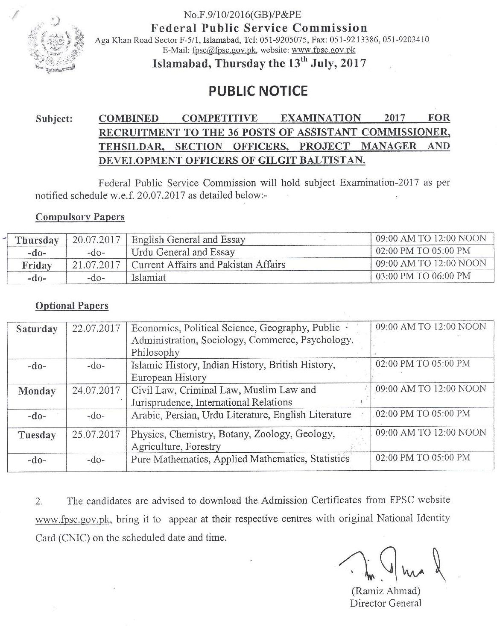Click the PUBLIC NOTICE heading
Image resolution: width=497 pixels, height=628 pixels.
click(258, 91)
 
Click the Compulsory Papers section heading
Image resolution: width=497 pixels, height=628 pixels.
click(80, 217)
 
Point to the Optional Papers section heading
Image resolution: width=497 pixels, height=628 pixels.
click(72, 306)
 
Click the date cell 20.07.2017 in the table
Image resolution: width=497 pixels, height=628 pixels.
click(96, 239)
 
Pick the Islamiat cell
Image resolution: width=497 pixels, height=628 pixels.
click(149, 277)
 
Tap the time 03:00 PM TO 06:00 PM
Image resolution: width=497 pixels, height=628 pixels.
click(422, 276)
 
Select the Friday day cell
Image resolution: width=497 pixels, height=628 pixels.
click(37, 265)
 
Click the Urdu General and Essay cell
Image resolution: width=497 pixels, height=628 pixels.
click(183, 252)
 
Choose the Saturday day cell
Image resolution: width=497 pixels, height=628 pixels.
click(37, 329)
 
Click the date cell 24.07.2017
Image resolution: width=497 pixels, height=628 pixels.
click(96, 390)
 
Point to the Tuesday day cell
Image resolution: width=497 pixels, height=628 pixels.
click(37, 435)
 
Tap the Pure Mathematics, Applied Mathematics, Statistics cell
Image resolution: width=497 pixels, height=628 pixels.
click(240, 459)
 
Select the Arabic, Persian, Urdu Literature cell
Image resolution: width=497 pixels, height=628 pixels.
click(241, 415)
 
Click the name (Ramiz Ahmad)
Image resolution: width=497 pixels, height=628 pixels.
click(386, 592)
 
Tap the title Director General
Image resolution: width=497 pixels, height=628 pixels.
click(385, 603)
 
